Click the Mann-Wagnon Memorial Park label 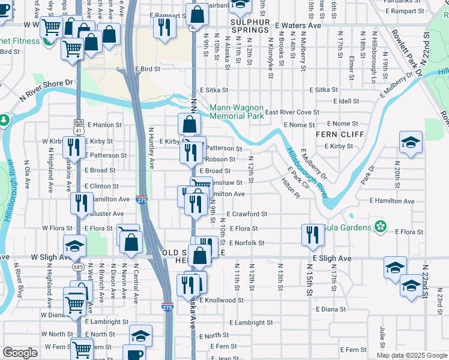(237, 112)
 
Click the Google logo (20, 353)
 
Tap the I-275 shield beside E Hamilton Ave (142, 199)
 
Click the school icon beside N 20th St (411, 143)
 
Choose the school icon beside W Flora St (75, 246)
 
